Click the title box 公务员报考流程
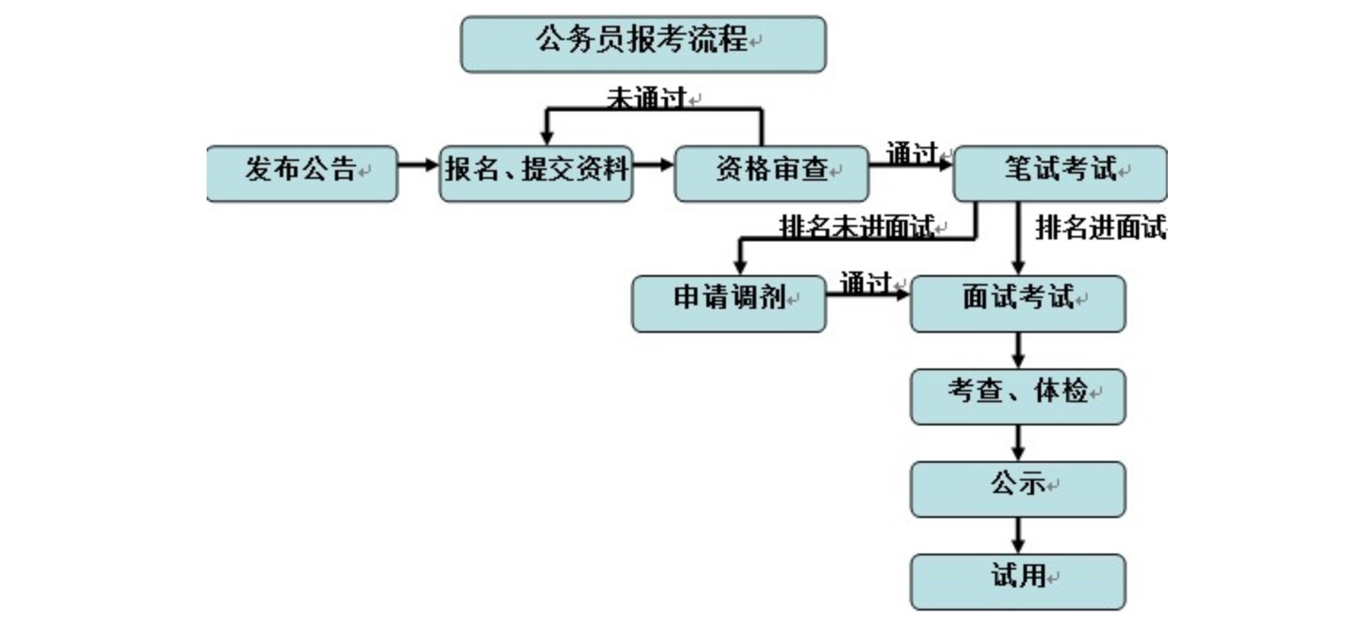pyautogui.click(x=642, y=44)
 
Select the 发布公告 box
pyautogui.click(x=301, y=174)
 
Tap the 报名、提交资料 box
pyautogui.click(x=536, y=174)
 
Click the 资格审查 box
pyautogui.click(x=770, y=174)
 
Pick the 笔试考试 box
pyautogui.click(x=1059, y=174)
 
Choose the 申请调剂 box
pyautogui.click(x=729, y=303)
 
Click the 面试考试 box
pyautogui.click(x=1017, y=303)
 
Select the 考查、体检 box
pyautogui.click(x=1017, y=396)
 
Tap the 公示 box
pyautogui.click(x=1017, y=489)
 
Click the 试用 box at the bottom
pyautogui.click(x=1017, y=581)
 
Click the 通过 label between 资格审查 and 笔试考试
pyautogui.click(x=913, y=153)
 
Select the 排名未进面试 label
pyautogui.click(x=857, y=227)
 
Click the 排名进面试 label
pyautogui.click(x=1100, y=229)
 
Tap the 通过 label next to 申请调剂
pyautogui.click(x=866, y=283)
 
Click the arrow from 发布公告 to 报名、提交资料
pyautogui.click(x=419, y=166)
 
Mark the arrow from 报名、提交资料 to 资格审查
pyautogui.click(x=654, y=166)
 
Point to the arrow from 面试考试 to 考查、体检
pyautogui.click(x=1018, y=351)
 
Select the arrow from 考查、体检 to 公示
pyautogui.click(x=1018, y=443)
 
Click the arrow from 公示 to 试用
pyautogui.click(x=1018, y=536)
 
